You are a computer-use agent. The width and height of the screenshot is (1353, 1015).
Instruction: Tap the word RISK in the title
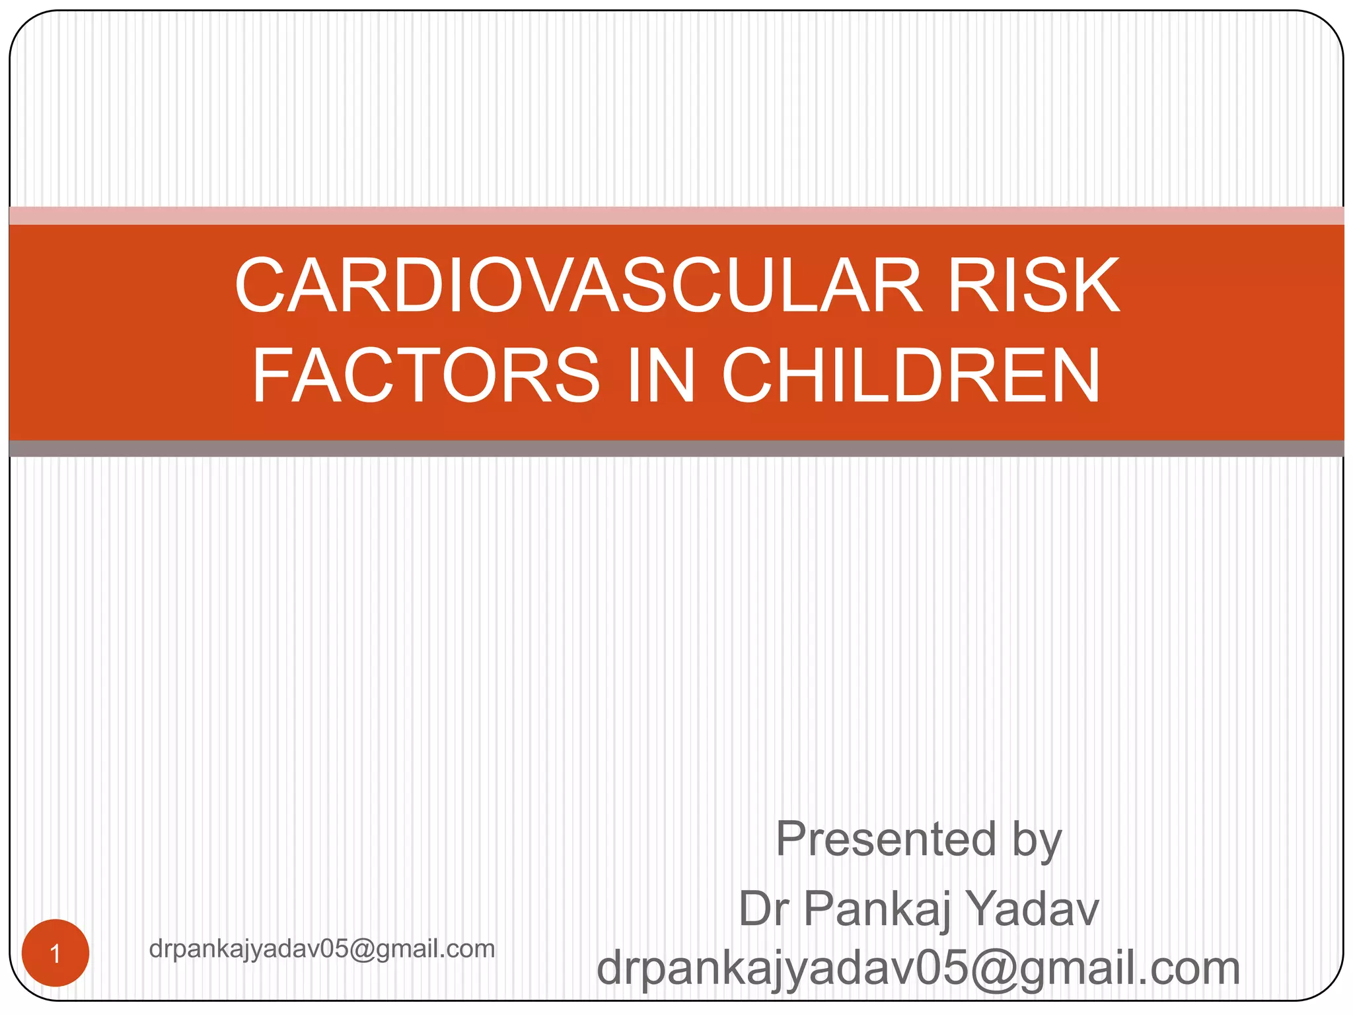pyautogui.click(x=1034, y=285)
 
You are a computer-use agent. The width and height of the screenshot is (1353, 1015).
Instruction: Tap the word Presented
pyautogui.click(x=885, y=839)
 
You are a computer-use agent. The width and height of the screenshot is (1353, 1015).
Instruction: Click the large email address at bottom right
pyautogui.click(x=918, y=968)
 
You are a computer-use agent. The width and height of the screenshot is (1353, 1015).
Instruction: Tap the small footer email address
pyautogui.click(x=322, y=949)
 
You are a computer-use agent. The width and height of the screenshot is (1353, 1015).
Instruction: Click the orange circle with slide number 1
pyautogui.click(x=55, y=953)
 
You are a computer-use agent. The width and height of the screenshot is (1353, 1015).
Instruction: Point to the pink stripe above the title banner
pyautogui.click(x=676, y=215)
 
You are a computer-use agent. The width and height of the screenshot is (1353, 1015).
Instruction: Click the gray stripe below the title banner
pyautogui.click(x=676, y=449)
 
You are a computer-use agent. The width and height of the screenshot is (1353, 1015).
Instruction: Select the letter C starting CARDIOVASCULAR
pyautogui.click(x=263, y=285)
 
